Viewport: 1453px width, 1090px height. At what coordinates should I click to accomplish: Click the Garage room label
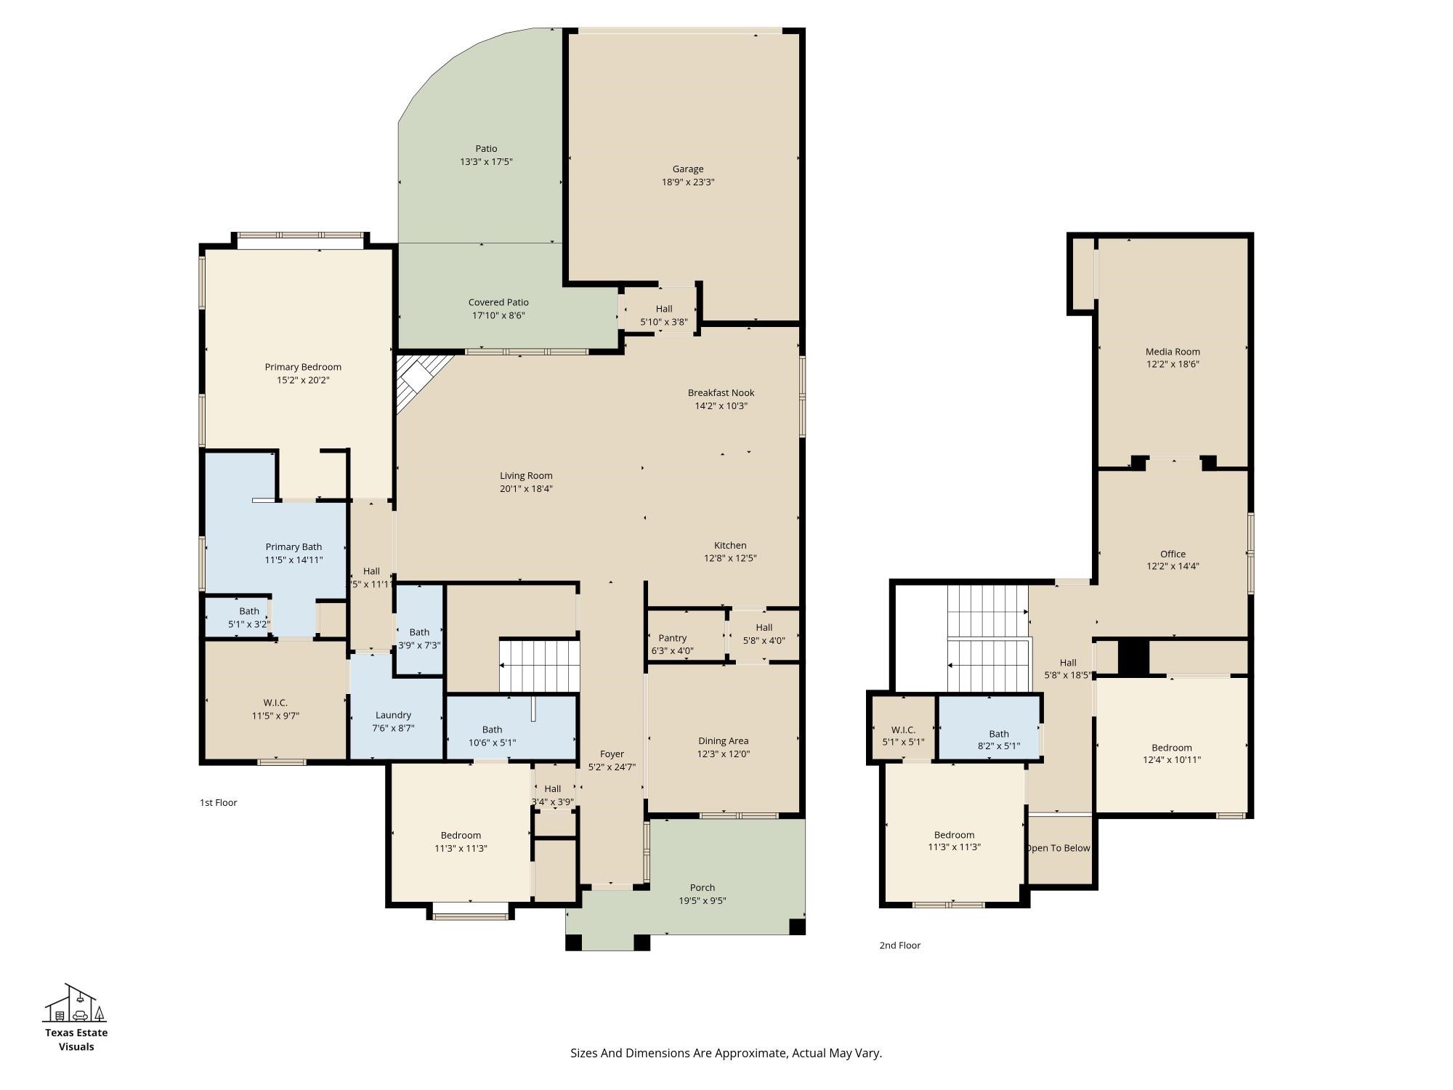click(x=688, y=169)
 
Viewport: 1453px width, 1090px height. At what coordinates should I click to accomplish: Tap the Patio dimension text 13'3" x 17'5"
click(x=486, y=162)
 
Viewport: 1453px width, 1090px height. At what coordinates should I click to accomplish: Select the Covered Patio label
click(x=498, y=302)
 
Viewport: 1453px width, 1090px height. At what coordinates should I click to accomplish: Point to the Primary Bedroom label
click(x=303, y=367)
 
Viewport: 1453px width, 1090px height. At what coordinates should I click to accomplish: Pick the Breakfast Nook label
click(x=721, y=393)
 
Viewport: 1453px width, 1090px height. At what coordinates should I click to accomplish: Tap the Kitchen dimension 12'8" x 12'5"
click(x=730, y=559)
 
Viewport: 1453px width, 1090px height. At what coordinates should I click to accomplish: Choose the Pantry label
click(x=673, y=638)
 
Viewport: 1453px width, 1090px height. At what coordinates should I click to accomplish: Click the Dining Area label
click(x=723, y=741)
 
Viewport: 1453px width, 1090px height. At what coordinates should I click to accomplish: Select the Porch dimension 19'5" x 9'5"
click(x=703, y=901)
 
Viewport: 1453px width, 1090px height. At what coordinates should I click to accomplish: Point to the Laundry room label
click(x=393, y=715)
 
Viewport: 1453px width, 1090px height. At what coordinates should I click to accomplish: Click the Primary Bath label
click(x=294, y=547)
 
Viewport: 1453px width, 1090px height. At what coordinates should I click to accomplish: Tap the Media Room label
click(x=1173, y=352)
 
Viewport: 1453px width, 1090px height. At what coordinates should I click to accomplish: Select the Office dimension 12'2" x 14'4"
click(x=1173, y=566)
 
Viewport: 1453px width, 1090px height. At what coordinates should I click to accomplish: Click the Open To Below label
click(x=1059, y=848)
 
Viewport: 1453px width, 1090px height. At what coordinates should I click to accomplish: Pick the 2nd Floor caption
click(x=900, y=945)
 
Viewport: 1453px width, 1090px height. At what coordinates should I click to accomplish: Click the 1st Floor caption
click(x=219, y=803)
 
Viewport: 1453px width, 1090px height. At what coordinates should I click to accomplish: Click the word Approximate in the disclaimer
click(x=752, y=1053)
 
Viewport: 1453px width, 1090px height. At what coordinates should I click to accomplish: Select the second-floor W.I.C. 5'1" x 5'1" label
click(x=903, y=736)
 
